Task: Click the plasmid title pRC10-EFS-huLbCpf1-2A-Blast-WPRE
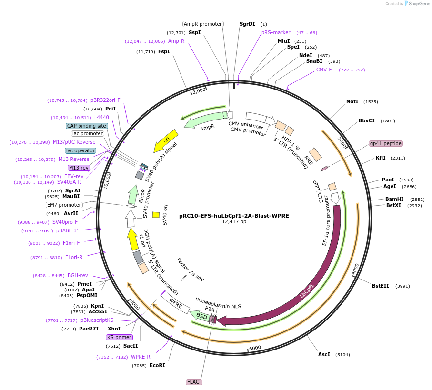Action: (234, 215)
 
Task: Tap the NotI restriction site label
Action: (352, 101)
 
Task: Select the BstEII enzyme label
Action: (380, 286)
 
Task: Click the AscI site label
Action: (324, 354)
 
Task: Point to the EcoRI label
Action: (157, 365)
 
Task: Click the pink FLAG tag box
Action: (194, 382)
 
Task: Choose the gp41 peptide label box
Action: (386, 143)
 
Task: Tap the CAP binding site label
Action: (87, 126)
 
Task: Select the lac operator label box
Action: (80, 150)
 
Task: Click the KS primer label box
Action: (120, 337)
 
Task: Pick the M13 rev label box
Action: (79, 168)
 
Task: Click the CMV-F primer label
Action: (324, 70)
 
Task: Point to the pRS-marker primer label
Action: (276, 32)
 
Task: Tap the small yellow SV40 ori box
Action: (156, 215)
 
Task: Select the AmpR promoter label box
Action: (203, 24)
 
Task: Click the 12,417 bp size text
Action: (234, 221)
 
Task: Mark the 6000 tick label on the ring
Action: (255, 348)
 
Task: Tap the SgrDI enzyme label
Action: (247, 24)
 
